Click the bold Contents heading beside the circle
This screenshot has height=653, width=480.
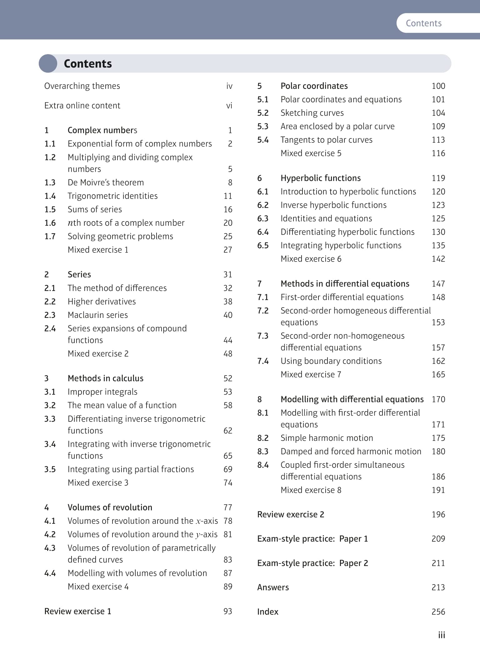click(x=88, y=64)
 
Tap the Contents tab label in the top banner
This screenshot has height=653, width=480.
click(x=423, y=23)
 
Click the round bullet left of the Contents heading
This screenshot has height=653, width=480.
click(x=48, y=64)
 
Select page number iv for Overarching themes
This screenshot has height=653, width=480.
click(x=229, y=86)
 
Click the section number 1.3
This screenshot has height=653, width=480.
click(x=50, y=182)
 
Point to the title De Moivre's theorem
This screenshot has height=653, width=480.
click(x=106, y=182)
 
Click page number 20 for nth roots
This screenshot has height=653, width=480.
click(x=228, y=223)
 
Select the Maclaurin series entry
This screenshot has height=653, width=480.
click(x=97, y=315)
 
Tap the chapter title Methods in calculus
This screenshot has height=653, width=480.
click(x=105, y=378)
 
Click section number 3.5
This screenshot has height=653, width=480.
click(x=50, y=469)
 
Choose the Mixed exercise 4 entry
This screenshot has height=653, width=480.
click(x=98, y=586)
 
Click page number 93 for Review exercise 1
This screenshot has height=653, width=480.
click(x=228, y=611)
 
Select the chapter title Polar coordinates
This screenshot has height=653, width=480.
click(x=314, y=86)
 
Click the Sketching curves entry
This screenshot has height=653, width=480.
click(x=312, y=113)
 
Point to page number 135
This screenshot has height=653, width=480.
click(x=438, y=245)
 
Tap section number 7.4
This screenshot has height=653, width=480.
click(x=263, y=361)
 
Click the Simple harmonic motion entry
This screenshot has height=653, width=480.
click(x=327, y=438)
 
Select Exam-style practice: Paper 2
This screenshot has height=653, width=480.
click(x=312, y=563)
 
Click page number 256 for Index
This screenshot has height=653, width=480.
click(x=438, y=611)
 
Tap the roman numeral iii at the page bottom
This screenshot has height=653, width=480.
click(x=441, y=635)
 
